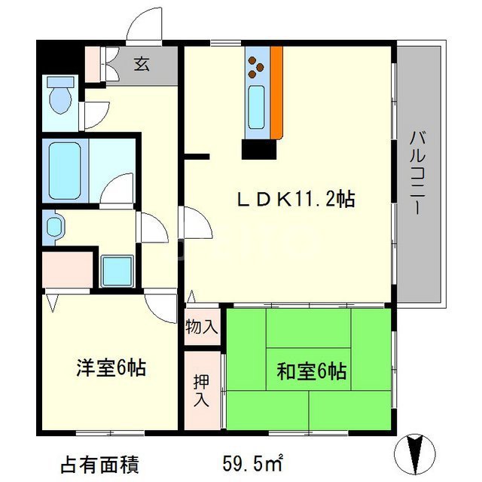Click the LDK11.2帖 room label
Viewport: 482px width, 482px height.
pyautogui.click(x=296, y=200)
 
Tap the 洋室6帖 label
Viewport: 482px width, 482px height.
pyautogui.click(x=110, y=368)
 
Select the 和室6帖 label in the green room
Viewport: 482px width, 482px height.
pyautogui.click(x=311, y=371)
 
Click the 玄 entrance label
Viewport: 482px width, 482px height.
pyautogui.click(x=142, y=63)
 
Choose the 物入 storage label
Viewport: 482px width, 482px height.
pyautogui.click(x=203, y=327)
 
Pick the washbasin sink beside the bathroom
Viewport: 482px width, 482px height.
pyautogui.click(x=54, y=226)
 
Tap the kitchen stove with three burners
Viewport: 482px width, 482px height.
pyautogui.click(x=257, y=65)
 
